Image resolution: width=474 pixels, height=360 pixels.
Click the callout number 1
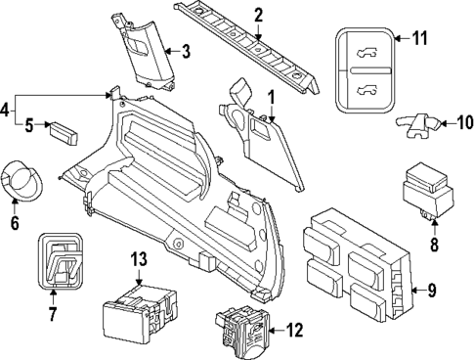coord(271,98)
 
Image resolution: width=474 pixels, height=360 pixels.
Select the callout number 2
coord(258,15)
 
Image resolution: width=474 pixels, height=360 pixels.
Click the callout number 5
coord(30,125)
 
